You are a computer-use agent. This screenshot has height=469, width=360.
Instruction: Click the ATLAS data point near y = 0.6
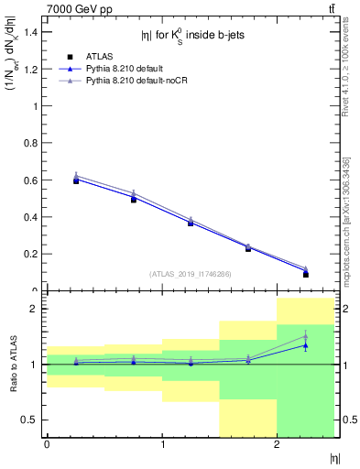[x=76, y=180]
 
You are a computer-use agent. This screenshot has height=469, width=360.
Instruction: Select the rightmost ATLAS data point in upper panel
[x=306, y=274]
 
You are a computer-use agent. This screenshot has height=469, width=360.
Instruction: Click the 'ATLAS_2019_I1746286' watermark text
[x=190, y=274]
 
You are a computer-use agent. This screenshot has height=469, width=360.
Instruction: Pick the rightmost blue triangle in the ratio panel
[x=306, y=345]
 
